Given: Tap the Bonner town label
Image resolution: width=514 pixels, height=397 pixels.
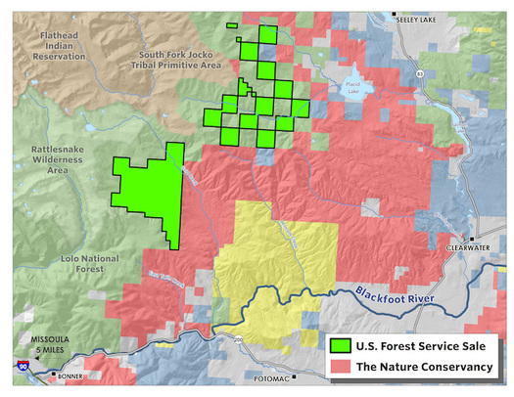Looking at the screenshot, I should [70, 375].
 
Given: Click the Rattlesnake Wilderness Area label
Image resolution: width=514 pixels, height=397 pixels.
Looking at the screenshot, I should [43, 158].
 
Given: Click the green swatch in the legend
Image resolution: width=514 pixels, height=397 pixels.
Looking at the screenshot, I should [341, 345].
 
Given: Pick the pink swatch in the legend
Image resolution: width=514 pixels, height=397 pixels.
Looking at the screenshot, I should [341, 367].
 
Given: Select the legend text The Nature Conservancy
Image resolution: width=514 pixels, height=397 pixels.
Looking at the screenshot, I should [422, 367].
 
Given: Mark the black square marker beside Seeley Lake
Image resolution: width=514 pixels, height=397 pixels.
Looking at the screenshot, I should [395, 16].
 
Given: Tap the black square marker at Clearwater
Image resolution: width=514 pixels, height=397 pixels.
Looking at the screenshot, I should [472, 238].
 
